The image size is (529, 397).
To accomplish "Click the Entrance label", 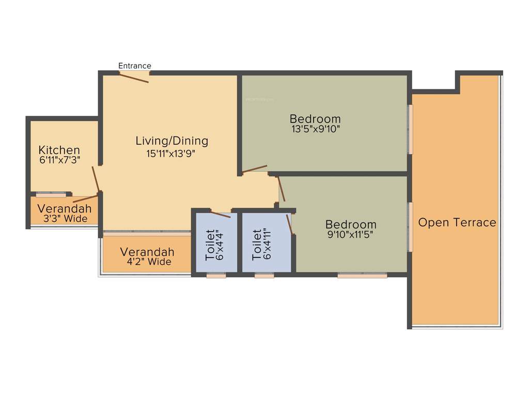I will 135,66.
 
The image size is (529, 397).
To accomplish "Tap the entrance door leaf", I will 134,77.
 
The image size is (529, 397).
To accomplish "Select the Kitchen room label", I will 59,150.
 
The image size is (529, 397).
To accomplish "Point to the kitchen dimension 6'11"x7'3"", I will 59,160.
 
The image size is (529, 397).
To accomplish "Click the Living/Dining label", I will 172,141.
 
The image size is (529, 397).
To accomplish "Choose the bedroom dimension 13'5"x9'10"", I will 315,129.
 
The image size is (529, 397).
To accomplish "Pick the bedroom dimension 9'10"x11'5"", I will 351,234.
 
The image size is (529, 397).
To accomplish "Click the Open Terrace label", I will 457,223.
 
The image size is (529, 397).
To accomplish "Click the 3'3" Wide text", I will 65,219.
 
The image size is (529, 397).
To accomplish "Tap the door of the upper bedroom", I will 255,169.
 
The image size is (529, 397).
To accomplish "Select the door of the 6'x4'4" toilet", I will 220,214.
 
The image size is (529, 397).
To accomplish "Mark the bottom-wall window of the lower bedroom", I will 362,276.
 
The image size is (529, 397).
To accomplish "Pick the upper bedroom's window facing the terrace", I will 411,129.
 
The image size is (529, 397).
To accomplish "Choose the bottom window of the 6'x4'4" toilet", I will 216,276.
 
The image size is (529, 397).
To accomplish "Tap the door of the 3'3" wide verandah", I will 85,198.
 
